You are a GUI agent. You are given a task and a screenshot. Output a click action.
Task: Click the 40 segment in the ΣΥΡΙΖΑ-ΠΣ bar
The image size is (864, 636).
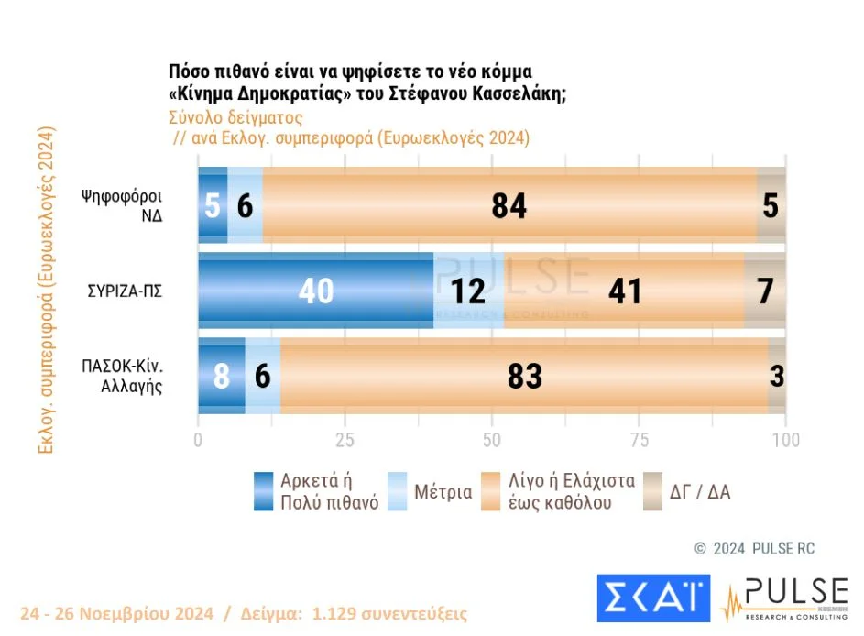315,291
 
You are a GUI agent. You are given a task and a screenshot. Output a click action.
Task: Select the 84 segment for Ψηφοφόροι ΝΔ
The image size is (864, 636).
509,205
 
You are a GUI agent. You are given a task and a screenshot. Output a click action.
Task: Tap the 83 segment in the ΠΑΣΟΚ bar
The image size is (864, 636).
524,376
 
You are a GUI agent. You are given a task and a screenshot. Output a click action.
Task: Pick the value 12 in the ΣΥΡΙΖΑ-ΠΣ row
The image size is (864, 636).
468,291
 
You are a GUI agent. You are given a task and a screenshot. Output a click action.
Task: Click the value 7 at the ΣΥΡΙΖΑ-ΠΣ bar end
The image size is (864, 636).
766,291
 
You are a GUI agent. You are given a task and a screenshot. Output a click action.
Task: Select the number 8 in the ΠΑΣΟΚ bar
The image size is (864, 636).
222,376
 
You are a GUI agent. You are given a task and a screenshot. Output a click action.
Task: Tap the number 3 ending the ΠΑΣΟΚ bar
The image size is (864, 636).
777,376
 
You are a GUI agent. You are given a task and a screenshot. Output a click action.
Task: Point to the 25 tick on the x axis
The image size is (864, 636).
345,439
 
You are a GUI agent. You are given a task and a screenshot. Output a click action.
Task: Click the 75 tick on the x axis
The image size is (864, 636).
639,439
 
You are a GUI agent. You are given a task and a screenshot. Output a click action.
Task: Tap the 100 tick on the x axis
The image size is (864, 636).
785,439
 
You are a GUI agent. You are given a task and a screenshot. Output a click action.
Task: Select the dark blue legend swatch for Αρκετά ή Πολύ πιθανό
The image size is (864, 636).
264,491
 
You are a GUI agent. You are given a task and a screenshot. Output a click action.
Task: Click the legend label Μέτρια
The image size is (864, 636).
443,492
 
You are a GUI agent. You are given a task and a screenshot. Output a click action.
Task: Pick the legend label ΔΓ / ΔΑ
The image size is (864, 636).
700,492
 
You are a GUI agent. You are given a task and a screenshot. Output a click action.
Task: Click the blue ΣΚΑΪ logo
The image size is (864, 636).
652,596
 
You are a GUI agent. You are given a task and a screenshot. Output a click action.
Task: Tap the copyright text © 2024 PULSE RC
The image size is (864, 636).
754,548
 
